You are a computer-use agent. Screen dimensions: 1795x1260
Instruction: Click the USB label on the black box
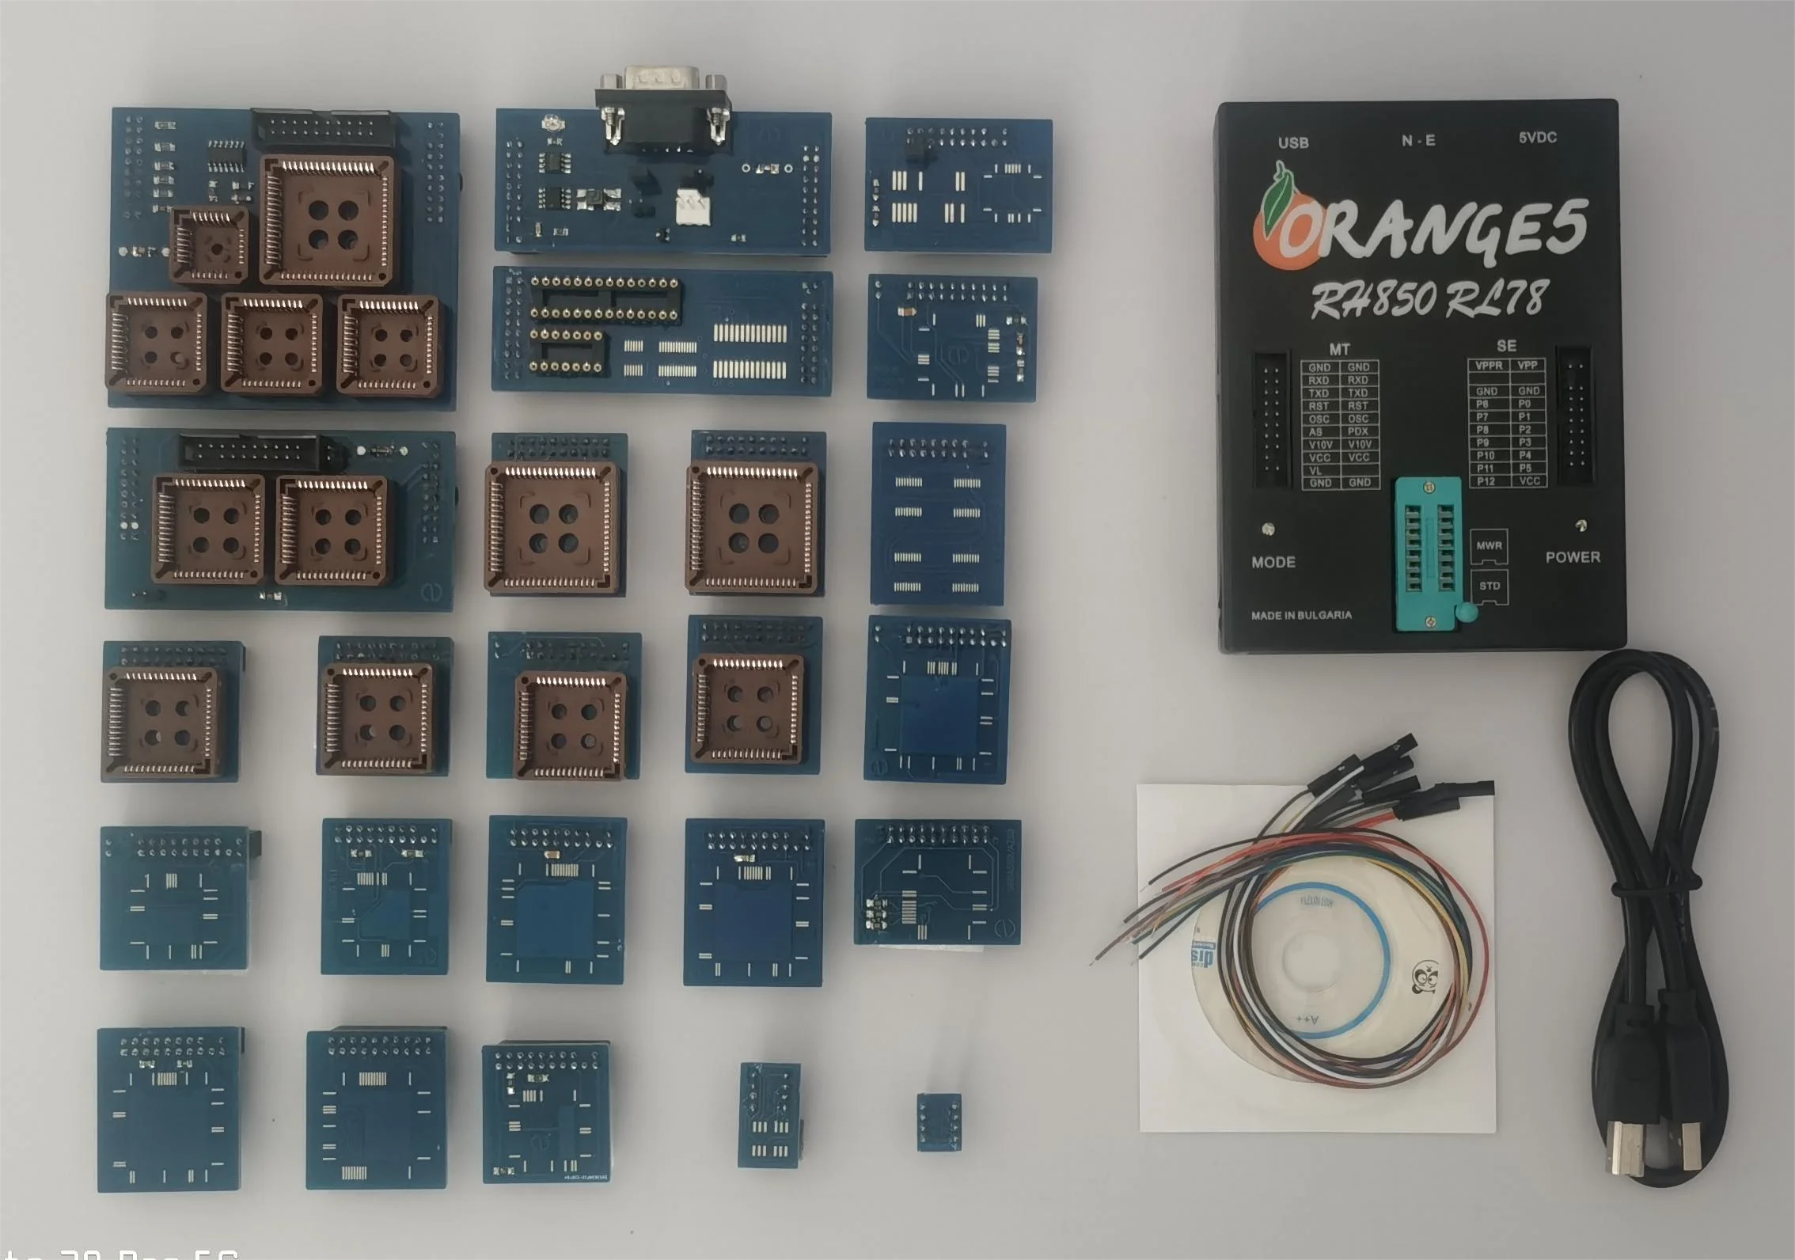[1292, 142]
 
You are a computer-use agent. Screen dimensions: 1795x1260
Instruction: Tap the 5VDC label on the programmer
[1537, 138]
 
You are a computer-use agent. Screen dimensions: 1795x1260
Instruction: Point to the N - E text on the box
[1417, 141]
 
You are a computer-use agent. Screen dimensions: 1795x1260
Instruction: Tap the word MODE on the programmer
[1273, 562]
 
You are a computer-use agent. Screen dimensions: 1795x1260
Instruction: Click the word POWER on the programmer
[1572, 557]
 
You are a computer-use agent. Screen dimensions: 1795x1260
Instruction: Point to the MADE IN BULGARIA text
[1300, 615]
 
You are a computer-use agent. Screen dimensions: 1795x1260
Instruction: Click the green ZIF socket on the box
[1429, 555]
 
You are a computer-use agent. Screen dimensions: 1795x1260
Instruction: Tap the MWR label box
[1489, 545]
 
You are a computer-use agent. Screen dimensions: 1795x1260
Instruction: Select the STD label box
[1489, 586]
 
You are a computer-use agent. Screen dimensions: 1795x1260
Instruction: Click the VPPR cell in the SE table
[1488, 366]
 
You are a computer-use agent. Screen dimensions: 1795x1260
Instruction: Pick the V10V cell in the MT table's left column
[1319, 445]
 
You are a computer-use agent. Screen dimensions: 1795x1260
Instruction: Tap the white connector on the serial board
[693, 208]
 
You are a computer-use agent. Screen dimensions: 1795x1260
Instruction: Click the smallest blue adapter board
[939, 1121]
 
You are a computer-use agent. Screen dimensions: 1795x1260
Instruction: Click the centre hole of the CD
[1314, 958]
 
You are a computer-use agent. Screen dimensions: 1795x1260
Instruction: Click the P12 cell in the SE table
[1486, 481]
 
